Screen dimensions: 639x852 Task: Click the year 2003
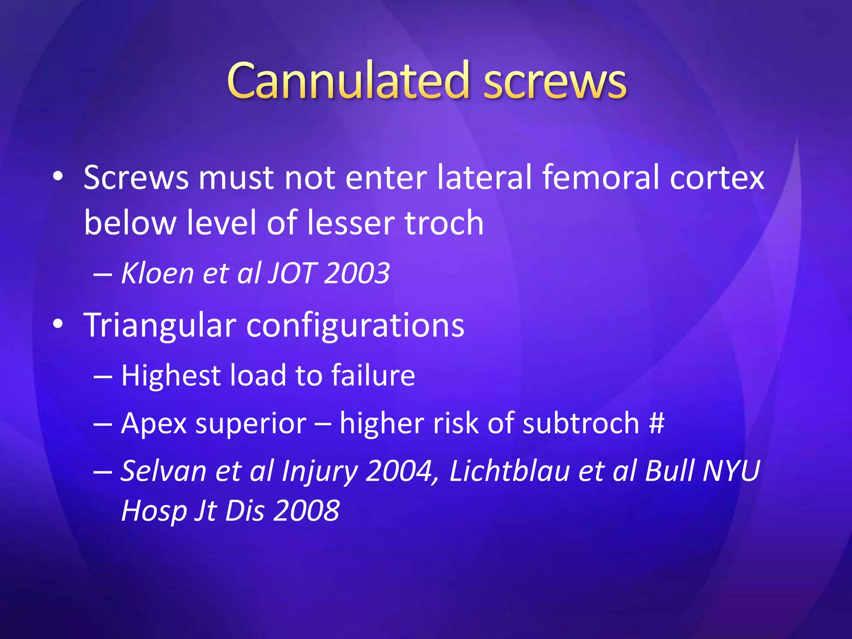point(357,273)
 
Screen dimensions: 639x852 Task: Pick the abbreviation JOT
point(292,273)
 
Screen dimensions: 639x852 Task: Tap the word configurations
point(355,325)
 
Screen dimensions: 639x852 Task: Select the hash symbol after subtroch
point(656,423)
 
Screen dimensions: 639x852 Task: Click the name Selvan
point(163,471)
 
